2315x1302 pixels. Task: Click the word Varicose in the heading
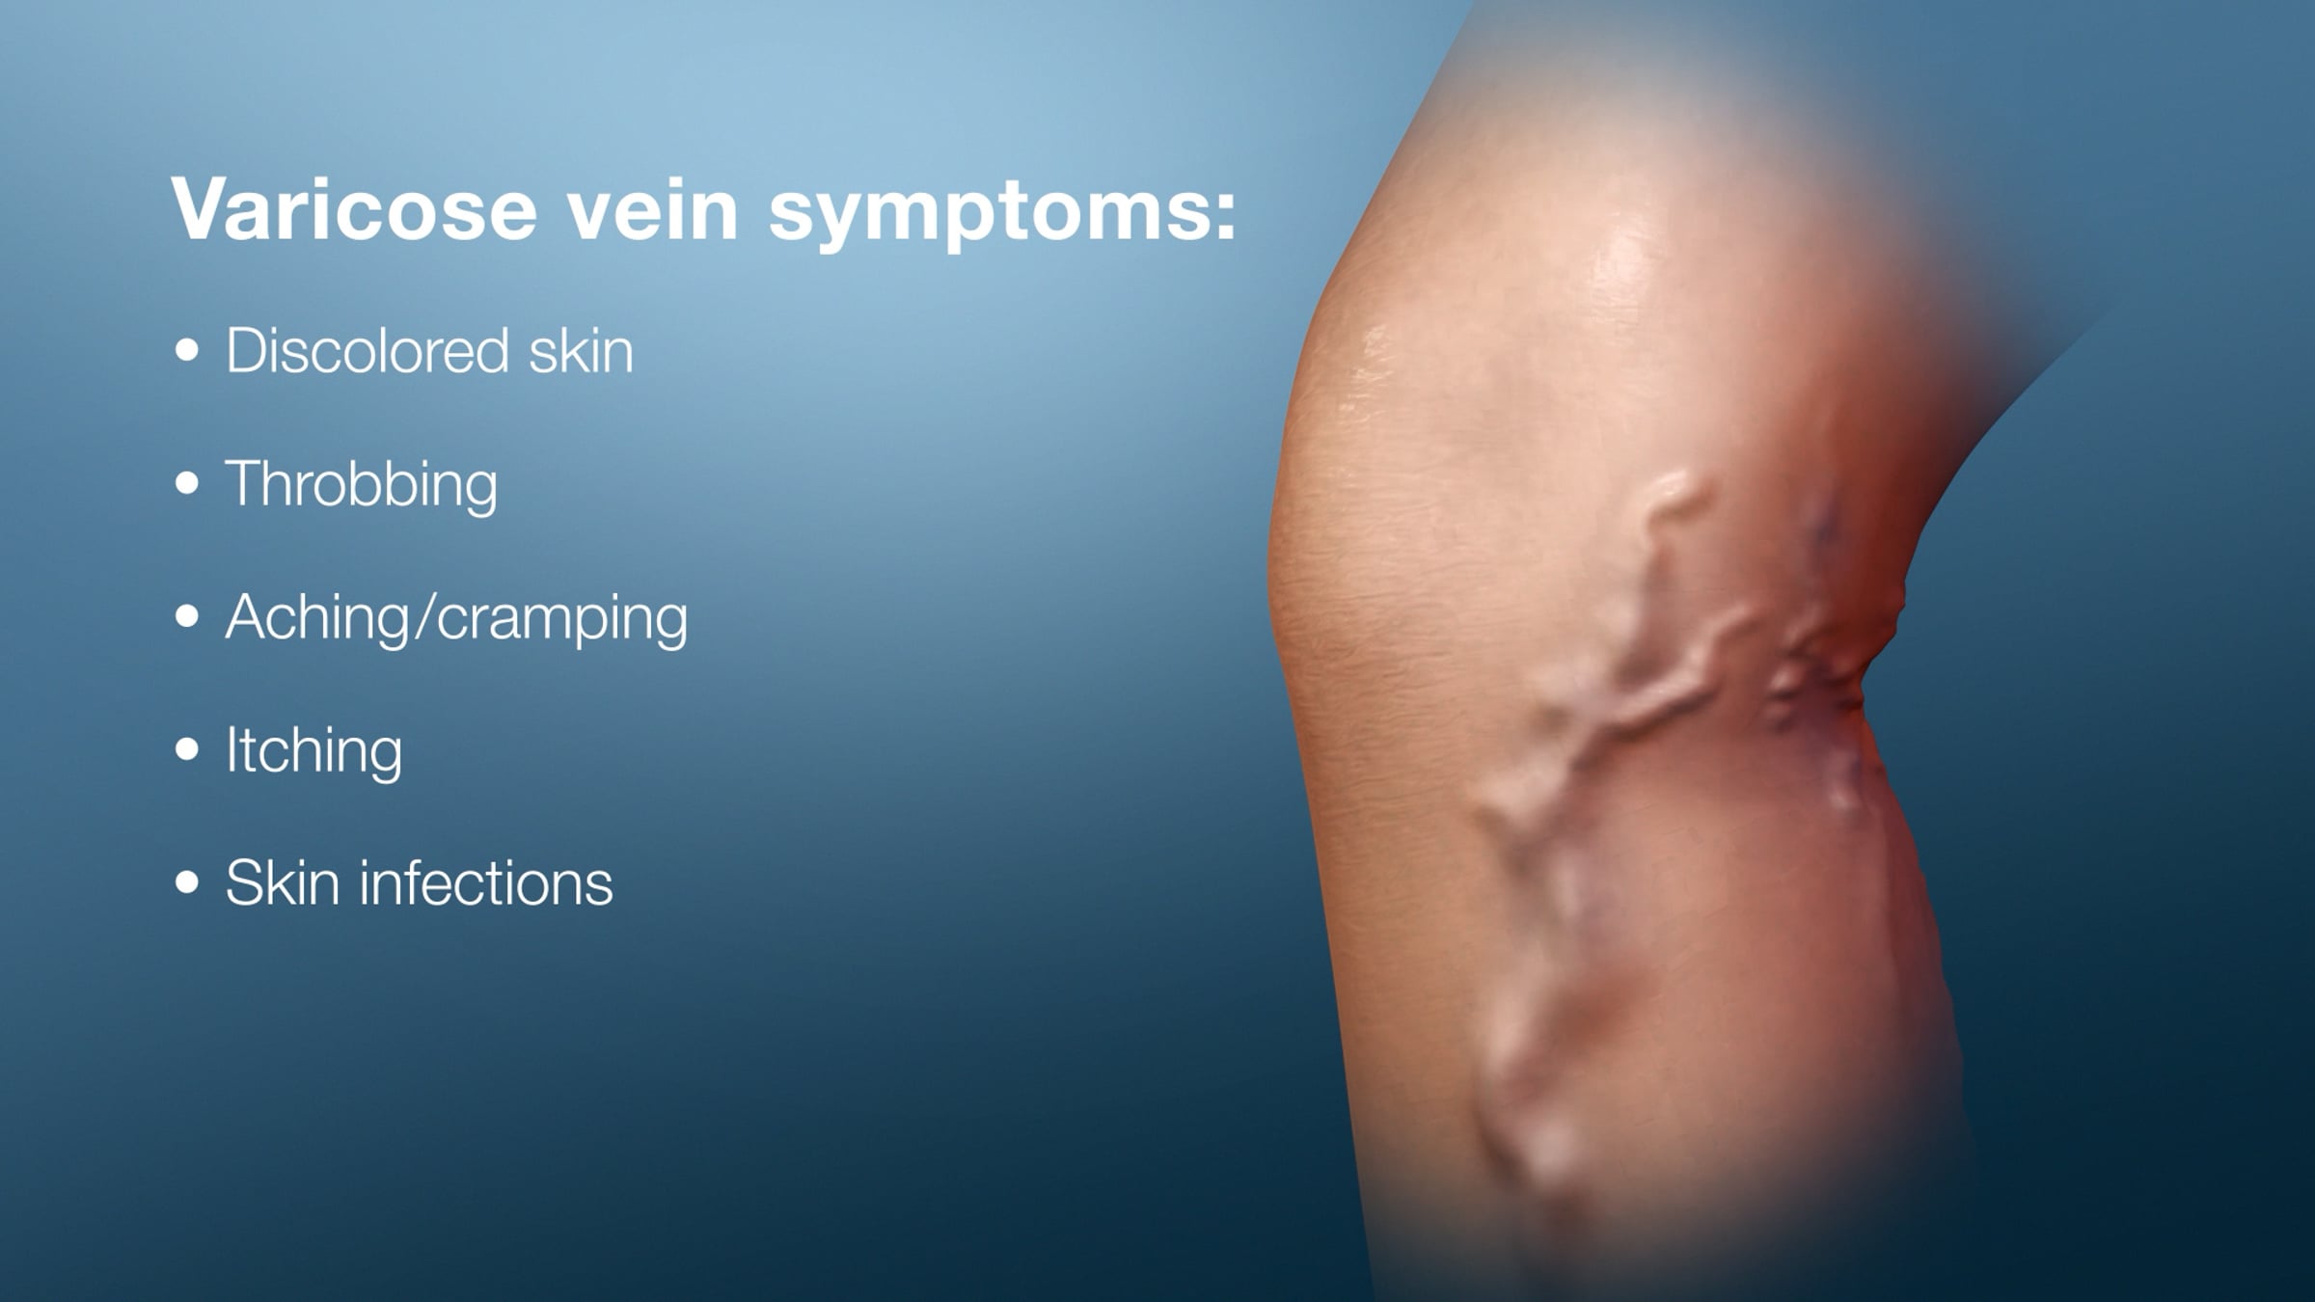[354, 209]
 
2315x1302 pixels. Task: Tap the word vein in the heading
[653, 209]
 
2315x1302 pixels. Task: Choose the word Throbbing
[362, 486]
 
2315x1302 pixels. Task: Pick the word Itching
[314, 752]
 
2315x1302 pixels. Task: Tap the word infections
[486, 882]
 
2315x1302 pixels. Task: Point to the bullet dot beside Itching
[187, 748]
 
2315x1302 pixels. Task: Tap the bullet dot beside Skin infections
[187, 882]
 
